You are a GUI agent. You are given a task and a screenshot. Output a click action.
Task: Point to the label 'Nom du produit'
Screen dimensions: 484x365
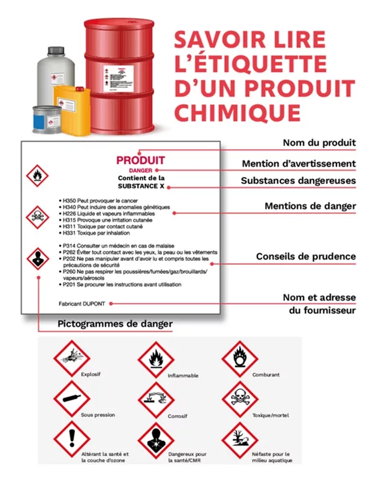pyautogui.click(x=319, y=143)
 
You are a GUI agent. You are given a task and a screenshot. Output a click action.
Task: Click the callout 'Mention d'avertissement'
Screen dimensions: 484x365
pyautogui.click(x=299, y=163)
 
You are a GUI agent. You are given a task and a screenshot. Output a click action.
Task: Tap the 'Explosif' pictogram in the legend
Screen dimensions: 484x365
pyautogui.click(x=69, y=358)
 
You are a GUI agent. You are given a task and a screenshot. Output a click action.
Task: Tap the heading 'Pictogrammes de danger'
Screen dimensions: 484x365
pyautogui.click(x=115, y=324)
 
